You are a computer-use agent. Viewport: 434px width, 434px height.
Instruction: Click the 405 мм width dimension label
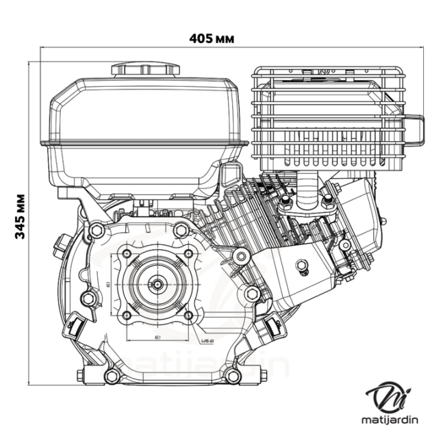pos(212,39)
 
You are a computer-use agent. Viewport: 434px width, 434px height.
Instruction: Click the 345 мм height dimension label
pos(21,216)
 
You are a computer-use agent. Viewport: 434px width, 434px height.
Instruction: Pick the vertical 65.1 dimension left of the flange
pos(107,283)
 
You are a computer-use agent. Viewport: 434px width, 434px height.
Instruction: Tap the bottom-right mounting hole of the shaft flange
pos(189,315)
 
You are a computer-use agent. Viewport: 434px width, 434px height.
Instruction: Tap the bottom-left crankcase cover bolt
pos(112,377)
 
